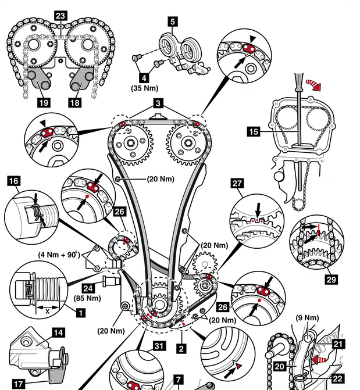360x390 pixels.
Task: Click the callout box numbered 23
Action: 61,16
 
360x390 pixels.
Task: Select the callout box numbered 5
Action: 172,23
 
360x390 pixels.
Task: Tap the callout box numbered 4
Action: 144,76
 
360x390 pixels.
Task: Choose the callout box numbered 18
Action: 76,102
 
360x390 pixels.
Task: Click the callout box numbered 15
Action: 254,132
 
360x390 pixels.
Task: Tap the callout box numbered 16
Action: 13,181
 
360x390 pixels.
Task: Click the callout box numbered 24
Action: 88,287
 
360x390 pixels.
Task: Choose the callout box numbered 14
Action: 59,333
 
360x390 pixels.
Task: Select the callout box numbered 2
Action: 181,349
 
